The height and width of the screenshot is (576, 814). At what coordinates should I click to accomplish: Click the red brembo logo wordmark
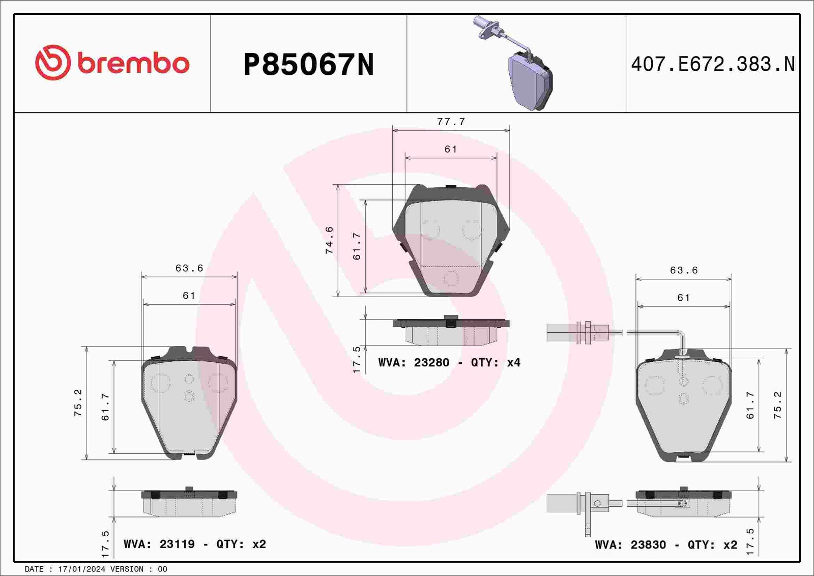pos(133,64)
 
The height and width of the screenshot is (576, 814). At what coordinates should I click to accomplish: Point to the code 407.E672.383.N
pos(713,64)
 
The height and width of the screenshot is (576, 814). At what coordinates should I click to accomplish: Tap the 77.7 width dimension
pos(451,122)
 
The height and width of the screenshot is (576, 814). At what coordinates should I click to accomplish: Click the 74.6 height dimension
pos(330,240)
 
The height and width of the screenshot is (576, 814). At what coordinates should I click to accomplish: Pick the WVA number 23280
pos(432,362)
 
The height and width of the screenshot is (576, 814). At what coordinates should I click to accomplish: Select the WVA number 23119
pos(177,544)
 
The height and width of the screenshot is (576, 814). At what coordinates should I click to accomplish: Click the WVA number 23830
pos(648,545)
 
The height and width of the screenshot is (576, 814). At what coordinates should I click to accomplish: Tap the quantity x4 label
pos(513,362)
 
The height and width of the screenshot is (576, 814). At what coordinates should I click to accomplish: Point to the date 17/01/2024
pos(82,569)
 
